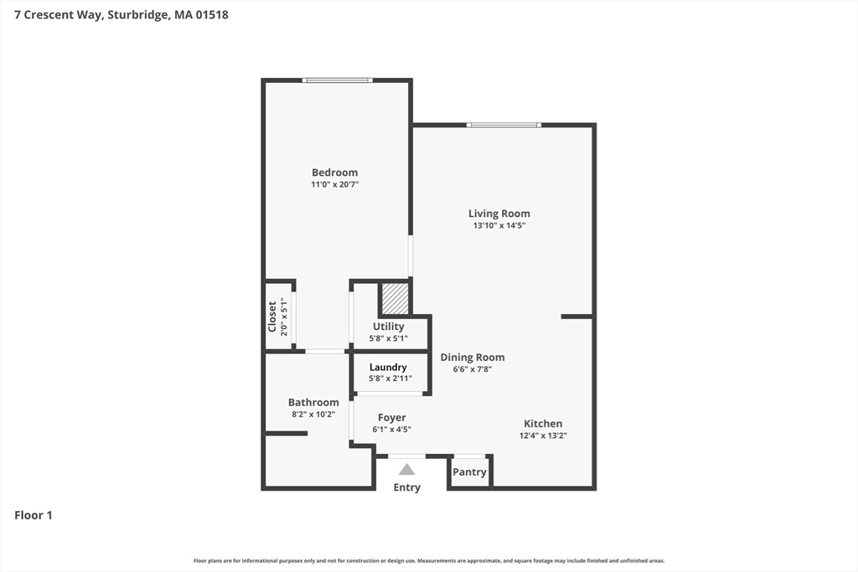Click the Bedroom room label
tap(334, 173)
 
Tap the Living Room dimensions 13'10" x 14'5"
tap(499, 225)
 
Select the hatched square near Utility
tap(395, 298)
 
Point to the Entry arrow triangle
tap(406, 470)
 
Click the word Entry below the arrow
tap(406, 487)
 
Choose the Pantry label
tap(469, 472)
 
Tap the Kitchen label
tap(543, 424)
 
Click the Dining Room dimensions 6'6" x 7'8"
tap(473, 369)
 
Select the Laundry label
tap(388, 368)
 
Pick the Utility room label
tap(388, 327)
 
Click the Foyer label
tap(391, 418)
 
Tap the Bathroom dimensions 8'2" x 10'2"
tap(313, 414)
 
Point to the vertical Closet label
tap(272, 316)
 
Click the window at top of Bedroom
tap(337, 80)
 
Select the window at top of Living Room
tap(504, 126)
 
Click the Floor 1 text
tap(34, 515)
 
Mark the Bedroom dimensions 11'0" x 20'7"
tap(334, 184)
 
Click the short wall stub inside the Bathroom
tap(287, 433)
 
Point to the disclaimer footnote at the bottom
tap(429, 560)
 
